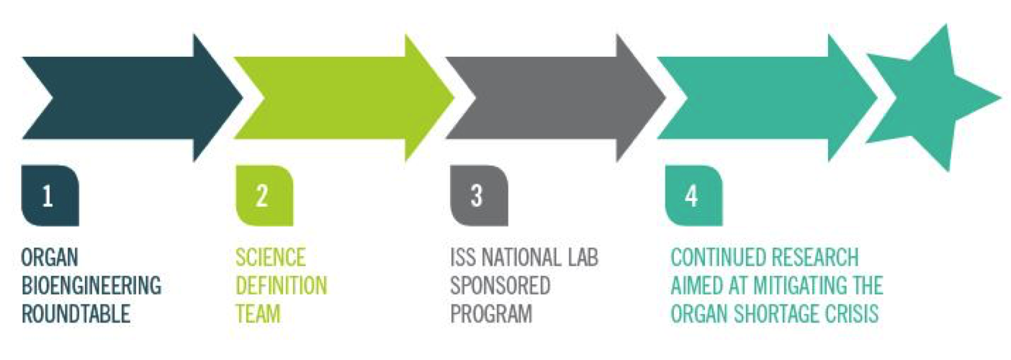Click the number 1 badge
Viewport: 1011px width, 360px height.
coord(50,196)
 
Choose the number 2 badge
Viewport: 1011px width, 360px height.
coord(264,196)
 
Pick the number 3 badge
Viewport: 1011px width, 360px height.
coord(480,196)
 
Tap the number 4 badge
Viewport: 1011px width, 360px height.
coord(694,196)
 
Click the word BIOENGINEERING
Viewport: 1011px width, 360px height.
coord(91,286)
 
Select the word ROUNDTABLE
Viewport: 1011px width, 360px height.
coord(76,314)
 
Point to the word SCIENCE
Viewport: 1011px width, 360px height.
coord(271,257)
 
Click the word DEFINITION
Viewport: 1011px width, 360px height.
coord(282,286)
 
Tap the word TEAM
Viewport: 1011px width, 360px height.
coord(259,314)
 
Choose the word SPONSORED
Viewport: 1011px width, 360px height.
coord(500,286)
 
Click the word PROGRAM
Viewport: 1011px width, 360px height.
coord(492,314)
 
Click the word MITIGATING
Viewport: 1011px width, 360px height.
coord(795,286)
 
